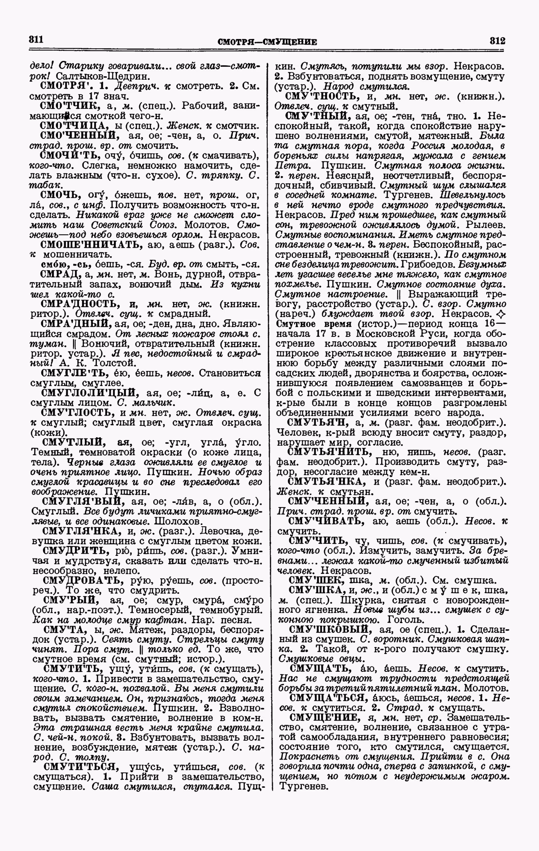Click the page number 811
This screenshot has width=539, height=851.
click(x=36, y=39)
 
